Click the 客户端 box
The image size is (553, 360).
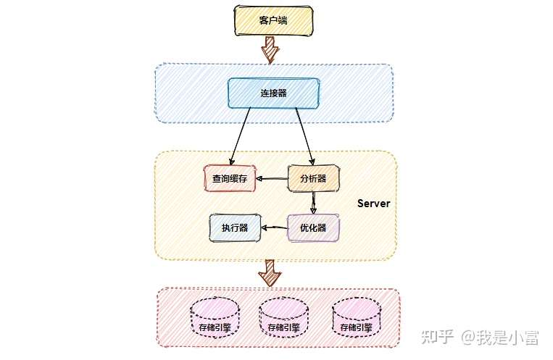pos(274,20)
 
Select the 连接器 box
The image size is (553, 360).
pos(274,93)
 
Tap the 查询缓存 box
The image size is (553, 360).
pos(230,178)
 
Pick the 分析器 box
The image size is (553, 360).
pos(314,178)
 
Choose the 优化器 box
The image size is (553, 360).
pos(314,227)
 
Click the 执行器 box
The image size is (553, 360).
pos(236,227)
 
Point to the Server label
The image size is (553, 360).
pos(374,204)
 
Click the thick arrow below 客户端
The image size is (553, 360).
pos(270,50)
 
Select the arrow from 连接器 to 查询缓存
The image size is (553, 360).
pos(241,136)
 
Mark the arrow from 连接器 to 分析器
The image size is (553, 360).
pos(305,136)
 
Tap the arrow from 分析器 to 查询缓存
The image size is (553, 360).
pos(272,179)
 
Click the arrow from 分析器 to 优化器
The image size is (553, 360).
pos(313,203)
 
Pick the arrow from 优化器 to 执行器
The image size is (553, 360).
pos(275,227)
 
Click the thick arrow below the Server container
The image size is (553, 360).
pos(270,273)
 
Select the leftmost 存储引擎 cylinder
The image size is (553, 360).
pos(215,317)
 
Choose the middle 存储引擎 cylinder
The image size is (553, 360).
pos(283,317)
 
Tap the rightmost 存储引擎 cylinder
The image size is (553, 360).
pos(357,317)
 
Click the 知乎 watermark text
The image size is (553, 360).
pos(438,337)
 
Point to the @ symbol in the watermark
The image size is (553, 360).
pos(468,338)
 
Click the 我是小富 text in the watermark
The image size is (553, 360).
pos(508,338)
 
